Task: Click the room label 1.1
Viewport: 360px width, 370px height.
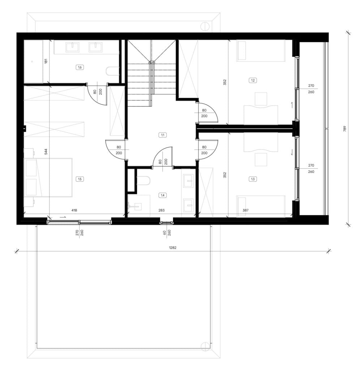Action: [x=162, y=135]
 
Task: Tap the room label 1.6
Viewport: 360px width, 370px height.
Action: [x=80, y=67]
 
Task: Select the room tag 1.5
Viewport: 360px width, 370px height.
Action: [x=80, y=179]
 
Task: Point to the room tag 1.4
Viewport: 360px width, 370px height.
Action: [x=162, y=195]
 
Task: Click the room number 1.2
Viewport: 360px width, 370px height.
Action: [x=253, y=80]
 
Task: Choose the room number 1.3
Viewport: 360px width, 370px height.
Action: [x=253, y=179]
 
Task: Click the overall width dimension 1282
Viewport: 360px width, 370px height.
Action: [x=172, y=248]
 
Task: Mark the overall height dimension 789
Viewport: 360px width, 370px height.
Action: [x=345, y=129]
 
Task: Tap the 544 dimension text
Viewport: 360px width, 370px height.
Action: [x=46, y=151]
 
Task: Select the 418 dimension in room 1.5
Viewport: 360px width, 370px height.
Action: [x=74, y=210]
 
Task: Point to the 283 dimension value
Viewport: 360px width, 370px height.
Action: [x=162, y=210]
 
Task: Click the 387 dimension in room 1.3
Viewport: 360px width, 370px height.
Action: [x=245, y=210]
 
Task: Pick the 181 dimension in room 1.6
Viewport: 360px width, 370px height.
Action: [x=46, y=61]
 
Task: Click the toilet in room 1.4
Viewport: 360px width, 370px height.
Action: [x=143, y=181]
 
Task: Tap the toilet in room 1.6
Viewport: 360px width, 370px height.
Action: [x=113, y=71]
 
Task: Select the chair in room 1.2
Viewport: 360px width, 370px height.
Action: [x=261, y=99]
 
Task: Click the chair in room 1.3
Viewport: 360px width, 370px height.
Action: [x=261, y=160]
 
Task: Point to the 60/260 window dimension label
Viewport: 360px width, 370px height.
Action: [x=167, y=233]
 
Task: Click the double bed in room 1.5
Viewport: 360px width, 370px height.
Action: [x=48, y=177]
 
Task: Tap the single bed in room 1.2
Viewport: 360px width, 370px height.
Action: [x=261, y=51]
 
